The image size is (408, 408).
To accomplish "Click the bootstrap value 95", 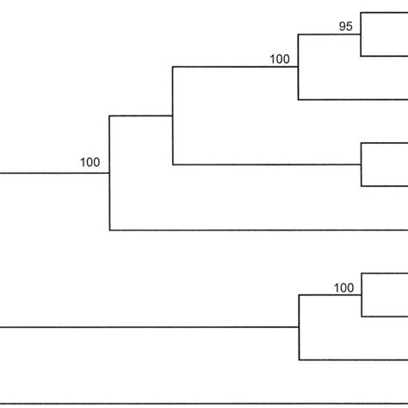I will (x=345, y=27).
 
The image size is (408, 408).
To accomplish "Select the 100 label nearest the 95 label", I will (x=280, y=59).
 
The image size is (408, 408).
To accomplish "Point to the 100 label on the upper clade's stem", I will (x=90, y=161).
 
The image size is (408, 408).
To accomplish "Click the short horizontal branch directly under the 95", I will (x=329, y=34).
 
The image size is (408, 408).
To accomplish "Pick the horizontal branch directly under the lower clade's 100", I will (x=329, y=295).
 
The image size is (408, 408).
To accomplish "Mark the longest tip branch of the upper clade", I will (x=258, y=230).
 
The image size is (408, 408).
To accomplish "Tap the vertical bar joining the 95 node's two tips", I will (x=361, y=34).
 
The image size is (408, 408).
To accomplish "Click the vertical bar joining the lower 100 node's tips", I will (x=361, y=295).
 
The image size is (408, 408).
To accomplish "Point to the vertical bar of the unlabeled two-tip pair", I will (x=361, y=164).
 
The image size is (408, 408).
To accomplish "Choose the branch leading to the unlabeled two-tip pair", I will (x=267, y=164).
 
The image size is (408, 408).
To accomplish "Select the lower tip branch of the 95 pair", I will (x=384, y=55).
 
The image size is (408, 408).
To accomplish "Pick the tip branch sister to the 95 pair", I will (x=353, y=99).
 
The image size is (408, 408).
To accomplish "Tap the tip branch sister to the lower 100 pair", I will (x=353, y=359).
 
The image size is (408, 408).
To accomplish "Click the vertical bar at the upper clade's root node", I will (x=109, y=172).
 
